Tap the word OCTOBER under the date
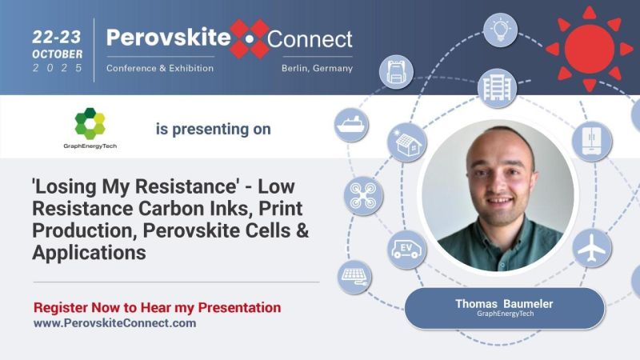coord(58,53)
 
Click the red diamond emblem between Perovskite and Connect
coord(249,38)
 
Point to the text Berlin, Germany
coord(317,68)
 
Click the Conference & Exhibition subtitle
coord(160,68)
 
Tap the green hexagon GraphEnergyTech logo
coord(90,123)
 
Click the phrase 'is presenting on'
coord(212,129)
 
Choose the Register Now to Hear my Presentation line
coord(158,307)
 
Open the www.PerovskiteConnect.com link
coord(114,323)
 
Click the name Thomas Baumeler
coord(504,304)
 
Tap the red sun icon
coord(589,48)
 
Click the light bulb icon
coord(500,30)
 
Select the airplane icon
coord(591,247)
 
